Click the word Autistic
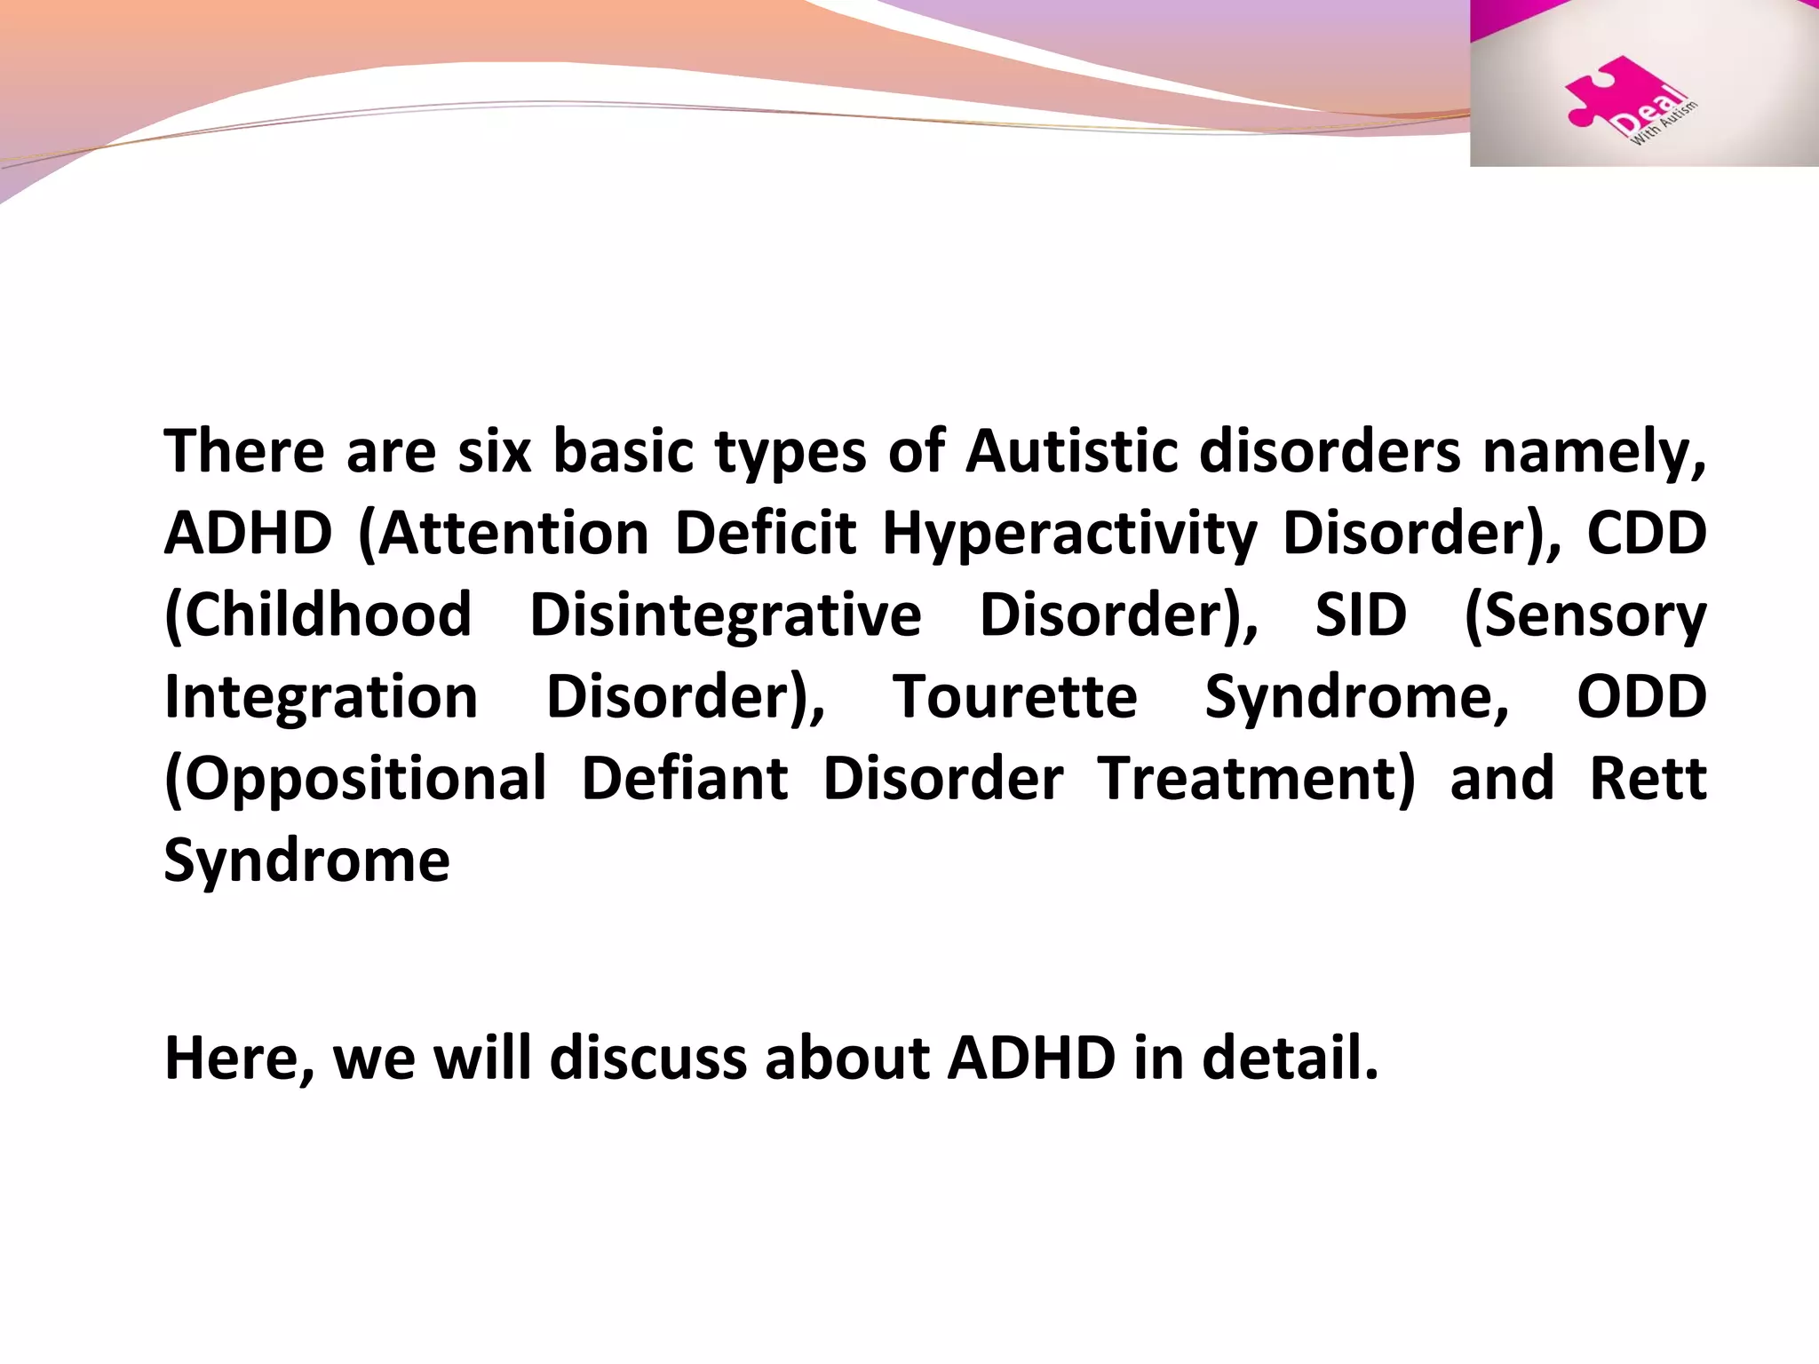[x=1071, y=452]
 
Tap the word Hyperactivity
[x=1069, y=535]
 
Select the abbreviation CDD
[x=1646, y=534]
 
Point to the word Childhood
[x=318, y=615]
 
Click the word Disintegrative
[x=725, y=615]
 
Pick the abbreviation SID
[x=1361, y=615]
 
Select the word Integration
[x=321, y=697]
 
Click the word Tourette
[x=1014, y=697]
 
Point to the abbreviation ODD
[x=1641, y=697]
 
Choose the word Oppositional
[x=355, y=780]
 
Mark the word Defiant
[x=684, y=779]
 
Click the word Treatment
[x=1256, y=779]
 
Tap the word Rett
[x=1648, y=779]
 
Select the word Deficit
[x=765, y=534]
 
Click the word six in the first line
[x=494, y=452]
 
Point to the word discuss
[x=648, y=1059]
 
